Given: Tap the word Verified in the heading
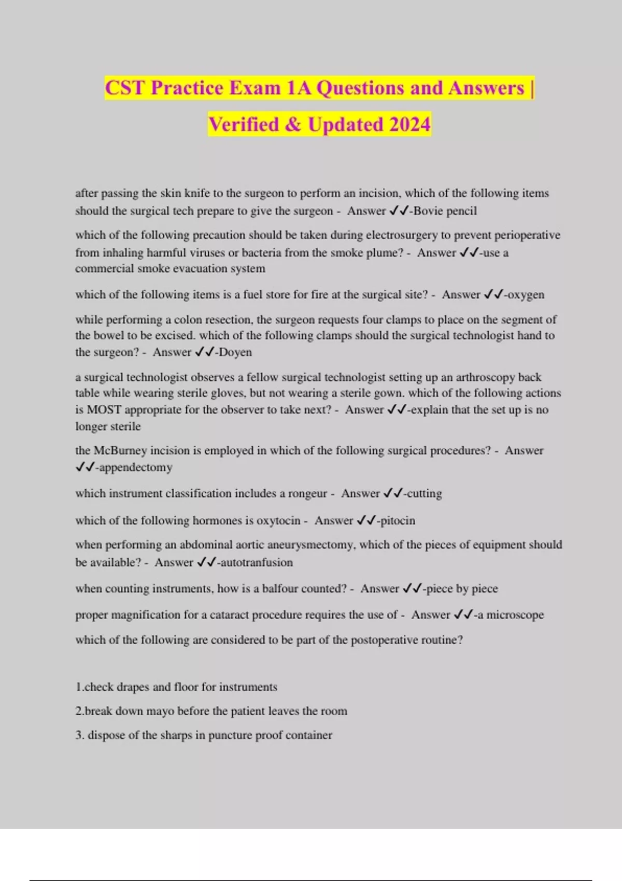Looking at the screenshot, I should (x=244, y=124).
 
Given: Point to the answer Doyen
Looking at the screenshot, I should (x=235, y=352).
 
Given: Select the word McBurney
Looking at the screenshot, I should (x=121, y=450).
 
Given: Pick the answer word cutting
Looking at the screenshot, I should (x=425, y=493).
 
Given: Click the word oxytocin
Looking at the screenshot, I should (x=278, y=520).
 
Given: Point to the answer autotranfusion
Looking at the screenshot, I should (x=257, y=562).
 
